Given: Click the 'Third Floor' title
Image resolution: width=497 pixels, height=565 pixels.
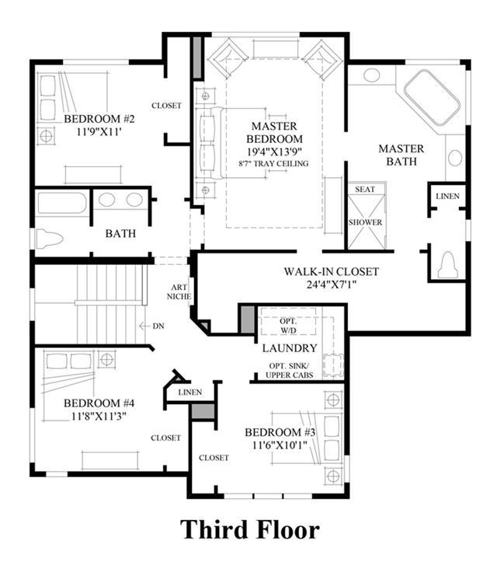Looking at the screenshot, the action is tap(249, 530).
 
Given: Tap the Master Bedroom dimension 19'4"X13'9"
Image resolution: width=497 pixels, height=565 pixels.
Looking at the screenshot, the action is tap(274, 151).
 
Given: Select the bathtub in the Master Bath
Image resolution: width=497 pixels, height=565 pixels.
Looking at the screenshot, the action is tap(432, 96).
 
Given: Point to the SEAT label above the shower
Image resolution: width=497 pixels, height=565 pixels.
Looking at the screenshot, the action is tap(365, 190).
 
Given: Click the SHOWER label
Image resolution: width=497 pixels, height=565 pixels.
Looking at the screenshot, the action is tap(365, 222).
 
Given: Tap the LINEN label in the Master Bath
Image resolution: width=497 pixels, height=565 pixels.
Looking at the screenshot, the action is tap(447, 197).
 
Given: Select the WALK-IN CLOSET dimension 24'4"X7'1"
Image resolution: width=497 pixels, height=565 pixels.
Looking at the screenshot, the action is tap(332, 284).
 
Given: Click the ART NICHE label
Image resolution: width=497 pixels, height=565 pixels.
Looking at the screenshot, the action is tap(179, 292).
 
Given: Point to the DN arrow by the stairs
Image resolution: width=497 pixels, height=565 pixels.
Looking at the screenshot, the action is tap(144, 326).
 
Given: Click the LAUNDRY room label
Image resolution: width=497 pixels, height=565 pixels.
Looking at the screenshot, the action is tap(290, 348).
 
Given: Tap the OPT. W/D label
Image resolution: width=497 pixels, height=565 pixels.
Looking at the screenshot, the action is tap(288, 326).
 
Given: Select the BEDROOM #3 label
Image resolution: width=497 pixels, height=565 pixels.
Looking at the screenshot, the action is tap(280, 432).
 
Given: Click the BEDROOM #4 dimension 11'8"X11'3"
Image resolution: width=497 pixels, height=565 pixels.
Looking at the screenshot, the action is tap(99, 417).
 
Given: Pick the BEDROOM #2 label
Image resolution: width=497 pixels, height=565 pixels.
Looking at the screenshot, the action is tap(99, 119).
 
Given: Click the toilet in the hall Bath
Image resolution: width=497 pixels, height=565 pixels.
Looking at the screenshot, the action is tap(50, 238).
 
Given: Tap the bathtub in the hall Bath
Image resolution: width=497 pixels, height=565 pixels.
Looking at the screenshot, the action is tap(62, 203).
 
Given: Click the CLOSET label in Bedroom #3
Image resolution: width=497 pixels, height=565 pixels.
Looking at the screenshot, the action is tap(214, 458).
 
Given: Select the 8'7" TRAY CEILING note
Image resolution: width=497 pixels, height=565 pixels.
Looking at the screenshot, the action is tap(273, 163).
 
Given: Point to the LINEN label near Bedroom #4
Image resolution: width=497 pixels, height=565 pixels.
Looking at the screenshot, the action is tap(190, 392).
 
